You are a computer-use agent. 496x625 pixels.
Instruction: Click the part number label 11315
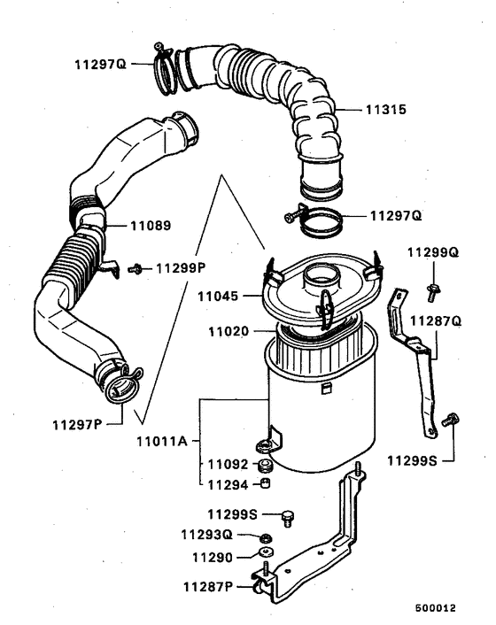(386, 111)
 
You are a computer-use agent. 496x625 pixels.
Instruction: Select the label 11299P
(181, 267)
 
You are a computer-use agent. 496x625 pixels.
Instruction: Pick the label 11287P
(209, 586)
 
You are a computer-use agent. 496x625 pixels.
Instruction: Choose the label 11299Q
(433, 252)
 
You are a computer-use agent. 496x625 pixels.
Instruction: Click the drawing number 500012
(435, 609)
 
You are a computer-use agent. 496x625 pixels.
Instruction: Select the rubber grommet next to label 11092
(263, 464)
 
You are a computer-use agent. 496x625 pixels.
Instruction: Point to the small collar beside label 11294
(263, 483)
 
